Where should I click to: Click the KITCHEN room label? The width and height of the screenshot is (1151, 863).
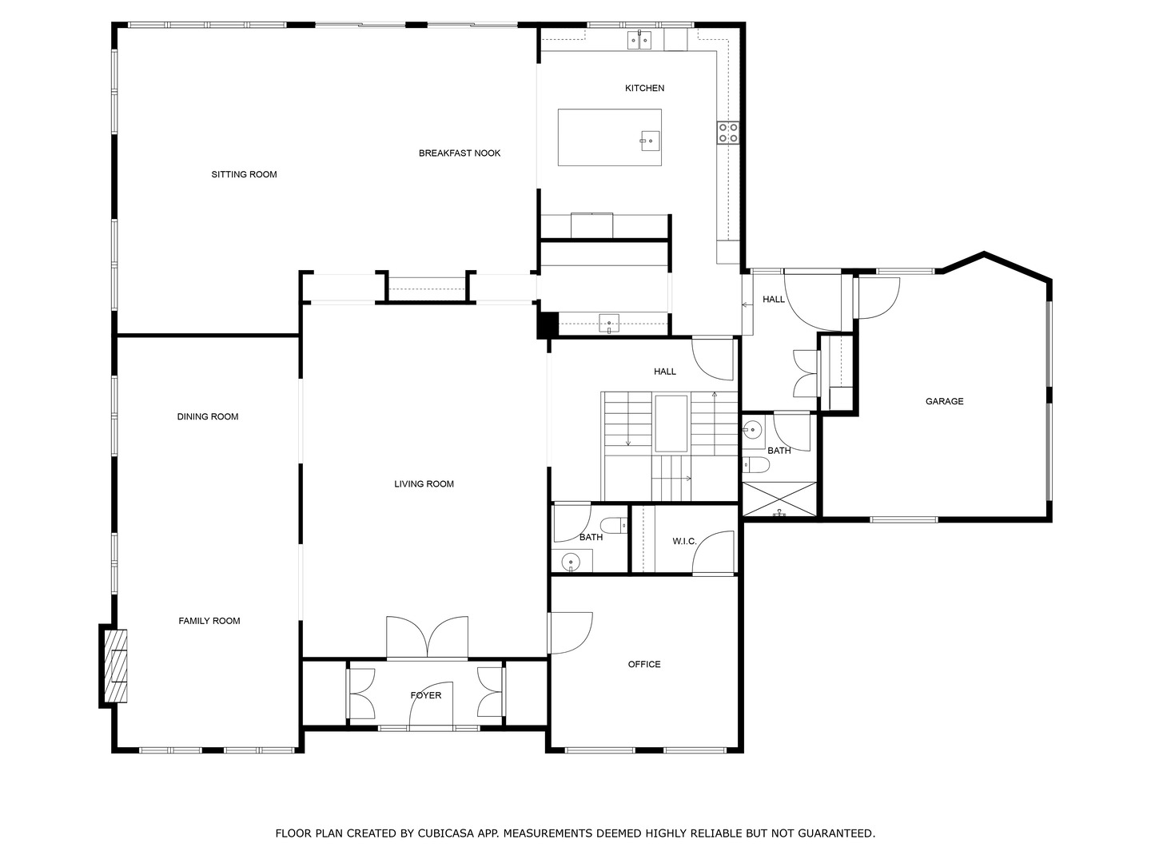(644, 88)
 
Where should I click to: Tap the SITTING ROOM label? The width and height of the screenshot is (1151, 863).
(244, 174)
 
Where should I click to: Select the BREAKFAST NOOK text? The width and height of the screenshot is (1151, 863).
(460, 153)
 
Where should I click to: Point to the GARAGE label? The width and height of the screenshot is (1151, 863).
(944, 401)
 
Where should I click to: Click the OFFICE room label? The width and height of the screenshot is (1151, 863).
(644, 664)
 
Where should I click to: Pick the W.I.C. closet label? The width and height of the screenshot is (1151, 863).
(684, 541)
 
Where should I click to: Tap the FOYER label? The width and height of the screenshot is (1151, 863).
(425, 695)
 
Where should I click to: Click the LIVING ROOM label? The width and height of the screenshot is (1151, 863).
(424, 483)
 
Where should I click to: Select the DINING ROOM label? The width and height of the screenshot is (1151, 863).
(208, 416)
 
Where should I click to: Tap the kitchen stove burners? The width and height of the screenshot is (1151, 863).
(728, 132)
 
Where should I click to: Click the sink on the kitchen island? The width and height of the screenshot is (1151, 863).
(650, 141)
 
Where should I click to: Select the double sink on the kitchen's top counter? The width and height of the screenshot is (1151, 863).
(640, 39)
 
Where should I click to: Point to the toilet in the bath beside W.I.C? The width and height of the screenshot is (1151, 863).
(613, 526)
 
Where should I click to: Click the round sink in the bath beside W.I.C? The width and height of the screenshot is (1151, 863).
(571, 562)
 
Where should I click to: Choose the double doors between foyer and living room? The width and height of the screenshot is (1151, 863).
(427, 637)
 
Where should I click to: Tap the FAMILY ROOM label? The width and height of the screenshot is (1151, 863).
(209, 621)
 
